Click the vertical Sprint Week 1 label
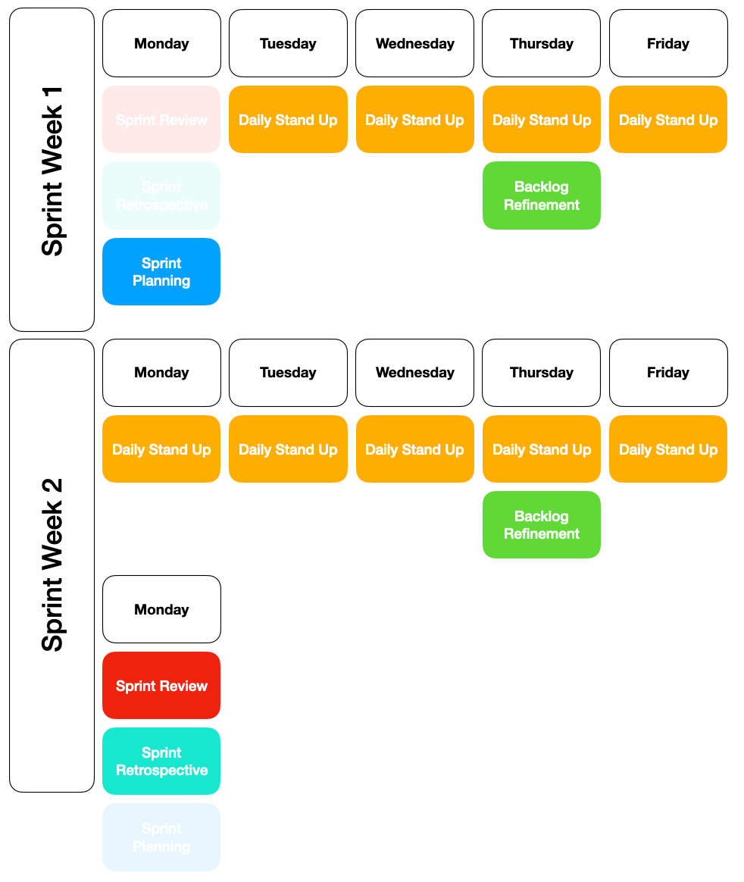(52, 170)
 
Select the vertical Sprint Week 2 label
(52, 565)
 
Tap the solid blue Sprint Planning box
(161, 272)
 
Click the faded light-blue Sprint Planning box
(161, 837)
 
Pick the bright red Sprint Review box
(161, 686)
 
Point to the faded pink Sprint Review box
(161, 120)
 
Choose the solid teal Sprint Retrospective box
(161, 762)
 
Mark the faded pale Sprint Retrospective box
(161, 195)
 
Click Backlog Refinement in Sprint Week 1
(542, 195)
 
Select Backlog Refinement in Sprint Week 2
(542, 525)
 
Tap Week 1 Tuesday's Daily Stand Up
(288, 120)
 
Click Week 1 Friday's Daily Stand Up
(668, 120)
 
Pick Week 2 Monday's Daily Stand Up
(161, 449)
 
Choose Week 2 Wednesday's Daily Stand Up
(414, 449)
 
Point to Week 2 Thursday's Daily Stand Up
(542, 449)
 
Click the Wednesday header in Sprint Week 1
(414, 43)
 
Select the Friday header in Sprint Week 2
(668, 373)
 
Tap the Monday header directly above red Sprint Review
(161, 609)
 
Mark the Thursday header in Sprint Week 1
(542, 43)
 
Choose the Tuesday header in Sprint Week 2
(288, 373)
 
